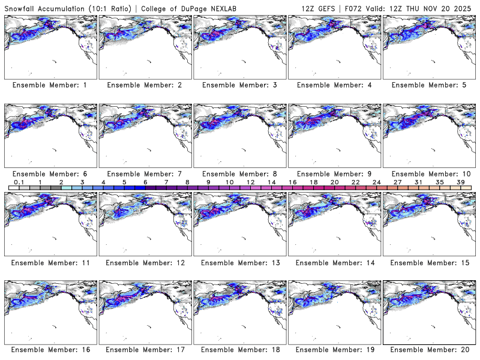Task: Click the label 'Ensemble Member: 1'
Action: point(49,85)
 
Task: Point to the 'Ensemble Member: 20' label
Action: point(428,350)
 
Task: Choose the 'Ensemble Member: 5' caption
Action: point(428,85)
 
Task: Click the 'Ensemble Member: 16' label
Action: point(49,350)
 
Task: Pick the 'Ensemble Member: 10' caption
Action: point(428,173)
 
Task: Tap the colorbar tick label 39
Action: point(460,181)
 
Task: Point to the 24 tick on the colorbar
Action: point(376,181)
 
